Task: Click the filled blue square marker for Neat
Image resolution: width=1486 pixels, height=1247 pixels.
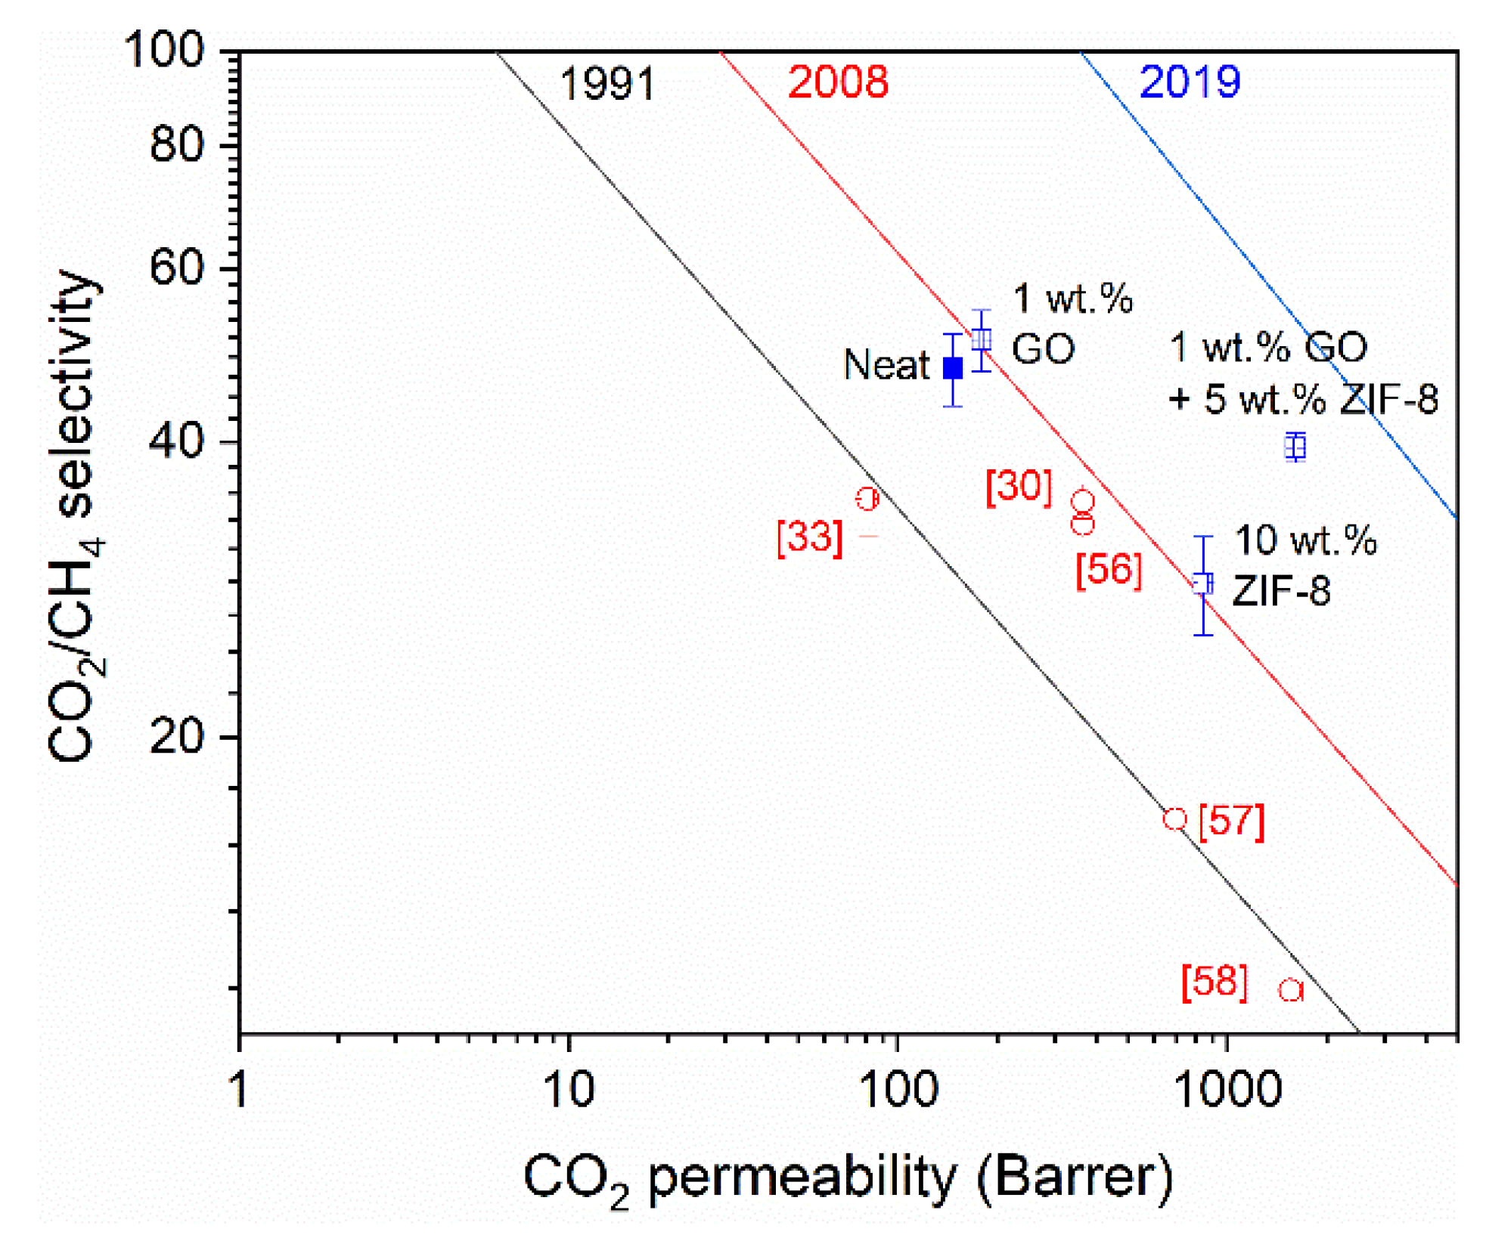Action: [x=952, y=368]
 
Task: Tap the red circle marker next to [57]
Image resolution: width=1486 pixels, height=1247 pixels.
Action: [x=1174, y=818]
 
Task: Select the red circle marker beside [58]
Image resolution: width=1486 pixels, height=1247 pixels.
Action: [x=1290, y=990]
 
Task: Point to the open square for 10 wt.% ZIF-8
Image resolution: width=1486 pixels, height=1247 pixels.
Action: [x=1202, y=583]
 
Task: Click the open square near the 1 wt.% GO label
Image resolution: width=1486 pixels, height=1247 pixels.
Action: [x=981, y=339]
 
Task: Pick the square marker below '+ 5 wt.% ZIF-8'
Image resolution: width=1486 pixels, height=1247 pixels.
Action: [x=1295, y=447]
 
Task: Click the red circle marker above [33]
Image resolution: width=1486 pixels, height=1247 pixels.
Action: [x=867, y=499]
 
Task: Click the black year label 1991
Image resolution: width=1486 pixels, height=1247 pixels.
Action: [x=606, y=83]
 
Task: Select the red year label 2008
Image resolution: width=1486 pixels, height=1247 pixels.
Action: [x=837, y=82]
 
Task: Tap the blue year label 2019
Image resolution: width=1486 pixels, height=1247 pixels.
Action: [x=1189, y=82]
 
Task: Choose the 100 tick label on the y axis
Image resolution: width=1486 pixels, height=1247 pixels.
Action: [x=164, y=51]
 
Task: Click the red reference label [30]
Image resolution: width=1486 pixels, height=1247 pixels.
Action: [x=1019, y=486]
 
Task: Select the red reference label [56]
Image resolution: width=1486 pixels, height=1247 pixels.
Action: [x=1108, y=569]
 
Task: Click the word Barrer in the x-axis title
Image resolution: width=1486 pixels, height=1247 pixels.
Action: [x=1075, y=1176]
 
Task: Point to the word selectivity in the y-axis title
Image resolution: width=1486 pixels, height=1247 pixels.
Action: [x=76, y=393]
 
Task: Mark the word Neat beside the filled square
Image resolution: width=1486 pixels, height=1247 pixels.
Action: [x=886, y=365]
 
